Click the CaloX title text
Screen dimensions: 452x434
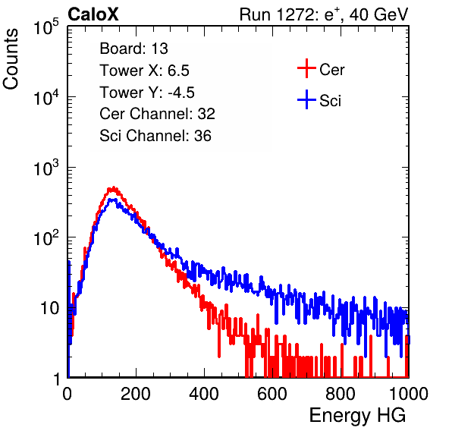(x=93, y=14)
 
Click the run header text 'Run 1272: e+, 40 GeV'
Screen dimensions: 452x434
(x=324, y=14)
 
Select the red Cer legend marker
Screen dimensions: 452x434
(x=306, y=68)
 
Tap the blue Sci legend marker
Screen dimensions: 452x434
(x=306, y=99)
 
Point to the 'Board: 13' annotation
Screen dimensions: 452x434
(x=133, y=49)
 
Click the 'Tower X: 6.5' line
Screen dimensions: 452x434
(x=144, y=71)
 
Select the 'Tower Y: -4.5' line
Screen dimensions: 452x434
(x=147, y=93)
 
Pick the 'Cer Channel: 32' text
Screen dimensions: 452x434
(x=158, y=114)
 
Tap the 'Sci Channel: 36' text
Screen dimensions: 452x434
(x=155, y=136)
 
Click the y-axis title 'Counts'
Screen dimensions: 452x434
(x=11, y=59)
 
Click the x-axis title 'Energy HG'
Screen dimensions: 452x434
(x=357, y=416)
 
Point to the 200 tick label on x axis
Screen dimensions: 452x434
(x=136, y=393)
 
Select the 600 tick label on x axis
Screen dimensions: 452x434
(x=272, y=393)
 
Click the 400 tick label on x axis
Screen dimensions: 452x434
(x=204, y=393)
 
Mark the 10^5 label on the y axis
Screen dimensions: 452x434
(x=46, y=27)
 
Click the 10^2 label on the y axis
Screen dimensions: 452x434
(x=46, y=237)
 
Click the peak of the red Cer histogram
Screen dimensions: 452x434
(x=114, y=187)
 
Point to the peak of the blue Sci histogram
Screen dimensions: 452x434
(x=112, y=200)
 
